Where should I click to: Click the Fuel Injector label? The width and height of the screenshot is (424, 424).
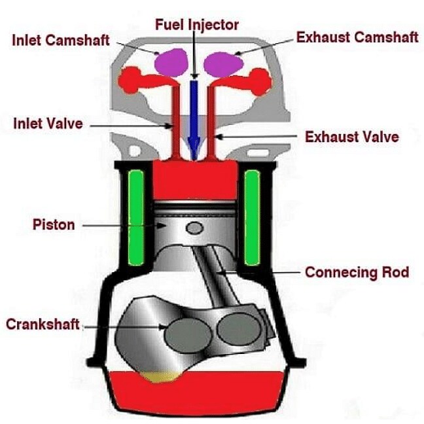[197, 26]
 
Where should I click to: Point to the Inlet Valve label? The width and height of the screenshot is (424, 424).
[48, 122]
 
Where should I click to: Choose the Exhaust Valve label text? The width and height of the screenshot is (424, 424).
[352, 137]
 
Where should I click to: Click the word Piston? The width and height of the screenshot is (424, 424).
[54, 225]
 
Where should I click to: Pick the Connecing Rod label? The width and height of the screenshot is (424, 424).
[357, 272]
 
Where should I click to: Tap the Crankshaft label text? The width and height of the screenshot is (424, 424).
[43, 324]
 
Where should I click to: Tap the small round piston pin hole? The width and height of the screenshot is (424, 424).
[194, 228]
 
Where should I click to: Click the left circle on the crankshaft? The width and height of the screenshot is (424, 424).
[188, 336]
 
